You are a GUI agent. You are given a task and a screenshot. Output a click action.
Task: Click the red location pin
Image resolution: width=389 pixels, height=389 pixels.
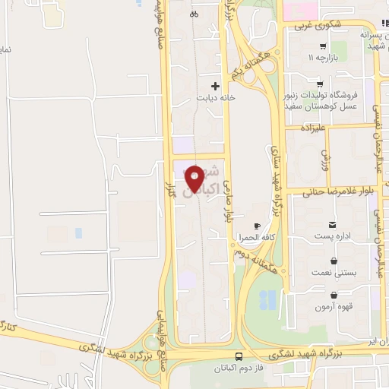[x=195, y=178]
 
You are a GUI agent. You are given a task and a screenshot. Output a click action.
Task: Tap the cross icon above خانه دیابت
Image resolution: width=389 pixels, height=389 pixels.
[x=216, y=86]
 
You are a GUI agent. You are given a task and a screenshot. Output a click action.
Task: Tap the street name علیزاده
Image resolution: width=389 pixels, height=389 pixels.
[x=315, y=128]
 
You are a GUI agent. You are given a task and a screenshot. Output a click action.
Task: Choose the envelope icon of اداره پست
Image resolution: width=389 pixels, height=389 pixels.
[x=334, y=224]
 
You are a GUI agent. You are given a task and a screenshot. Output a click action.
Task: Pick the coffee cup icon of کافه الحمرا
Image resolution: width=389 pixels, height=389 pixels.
[x=257, y=226]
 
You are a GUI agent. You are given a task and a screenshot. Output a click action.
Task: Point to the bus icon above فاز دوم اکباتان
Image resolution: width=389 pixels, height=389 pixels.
[x=240, y=356]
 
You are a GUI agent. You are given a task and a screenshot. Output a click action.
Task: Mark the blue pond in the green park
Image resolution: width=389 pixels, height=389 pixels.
[x=267, y=301]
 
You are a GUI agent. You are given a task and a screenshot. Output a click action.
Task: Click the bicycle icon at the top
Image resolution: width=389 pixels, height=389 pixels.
[x=194, y=13]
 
